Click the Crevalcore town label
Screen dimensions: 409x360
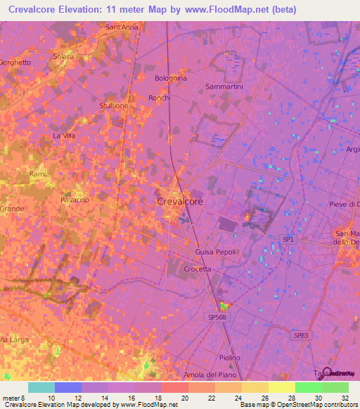(x=179, y=201)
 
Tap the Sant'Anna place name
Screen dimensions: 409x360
(x=121, y=27)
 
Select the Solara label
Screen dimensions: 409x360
(x=63, y=56)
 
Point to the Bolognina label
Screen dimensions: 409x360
(x=171, y=78)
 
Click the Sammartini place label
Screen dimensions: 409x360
(x=224, y=86)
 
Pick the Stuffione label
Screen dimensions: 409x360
(x=114, y=106)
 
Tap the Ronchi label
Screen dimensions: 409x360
(x=160, y=98)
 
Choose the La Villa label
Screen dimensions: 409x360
(x=64, y=135)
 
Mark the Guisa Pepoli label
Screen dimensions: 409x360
(x=216, y=251)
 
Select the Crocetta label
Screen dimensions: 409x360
(x=198, y=268)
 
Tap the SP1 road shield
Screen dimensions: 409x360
(x=288, y=240)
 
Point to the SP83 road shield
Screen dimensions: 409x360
(x=300, y=336)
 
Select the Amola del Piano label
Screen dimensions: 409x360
(x=207, y=375)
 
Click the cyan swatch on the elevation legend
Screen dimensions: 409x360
(x=41, y=387)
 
